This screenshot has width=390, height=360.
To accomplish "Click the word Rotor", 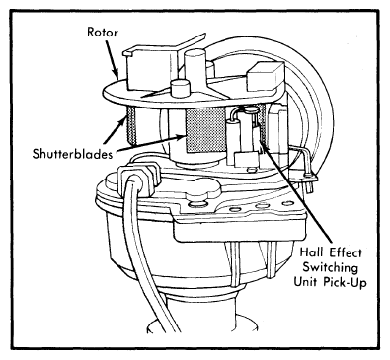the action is click(102, 33).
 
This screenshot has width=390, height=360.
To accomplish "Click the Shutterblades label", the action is click(72, 154).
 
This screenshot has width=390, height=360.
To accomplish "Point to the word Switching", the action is click(330, 267).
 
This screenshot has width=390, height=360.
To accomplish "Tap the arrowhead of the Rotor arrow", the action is click(117, 73).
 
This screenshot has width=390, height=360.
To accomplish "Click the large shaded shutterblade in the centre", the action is click(205, 131).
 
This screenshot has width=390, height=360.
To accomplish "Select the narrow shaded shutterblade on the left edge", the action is click(131, 125).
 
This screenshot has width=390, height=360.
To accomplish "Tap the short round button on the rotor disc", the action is click(180, 88).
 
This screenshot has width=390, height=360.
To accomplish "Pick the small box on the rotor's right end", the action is click(265, 78).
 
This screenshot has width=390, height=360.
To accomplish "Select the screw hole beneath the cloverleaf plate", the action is click(196, 204).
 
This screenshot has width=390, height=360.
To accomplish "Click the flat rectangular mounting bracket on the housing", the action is click(240, 224).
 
